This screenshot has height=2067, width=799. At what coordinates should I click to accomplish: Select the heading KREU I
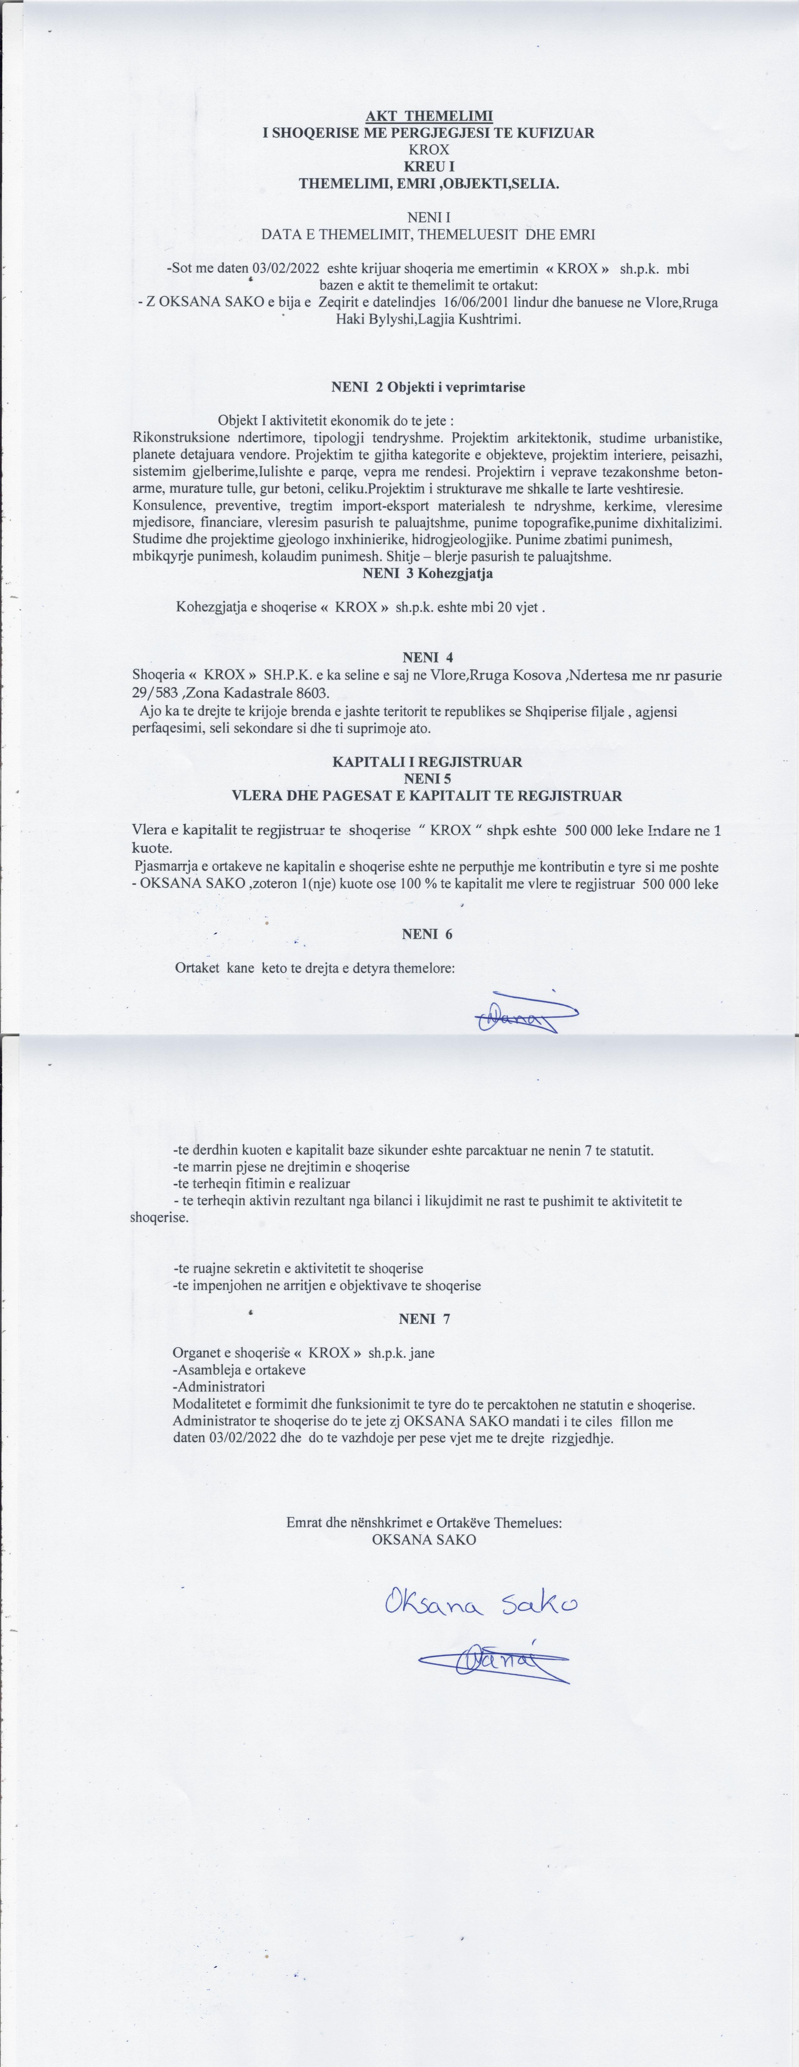tap(429, 166)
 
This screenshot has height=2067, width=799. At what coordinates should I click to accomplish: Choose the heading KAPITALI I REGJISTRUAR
tap(427, 761)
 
